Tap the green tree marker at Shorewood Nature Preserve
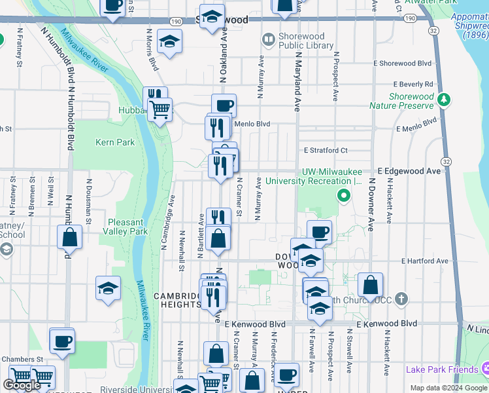pos(445,100)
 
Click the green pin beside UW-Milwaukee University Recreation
pos(342,195)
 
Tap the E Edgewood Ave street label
pos(409,170)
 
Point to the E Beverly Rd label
pos(413,84)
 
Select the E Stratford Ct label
pos(325,149)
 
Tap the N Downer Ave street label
pos(371,204)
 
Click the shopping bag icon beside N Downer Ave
pos(370,286)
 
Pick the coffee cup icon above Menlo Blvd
pos(224,105)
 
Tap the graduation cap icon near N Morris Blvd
pos(169,43)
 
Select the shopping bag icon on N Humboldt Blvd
pos(69,237)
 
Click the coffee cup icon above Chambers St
pos(62,341)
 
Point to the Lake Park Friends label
pos(441,369)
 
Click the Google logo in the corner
pos(22,385)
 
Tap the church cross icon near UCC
pos(401,299)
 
